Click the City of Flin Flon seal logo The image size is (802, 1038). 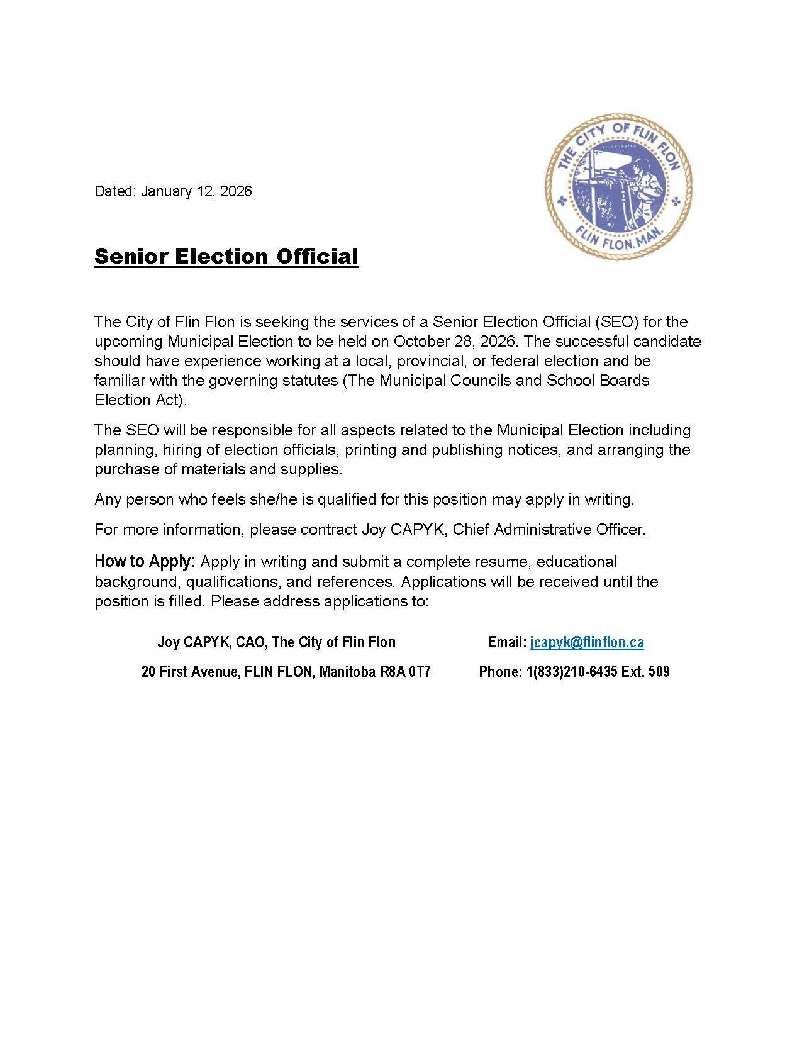(618, 187)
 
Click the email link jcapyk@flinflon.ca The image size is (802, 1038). (587, 642)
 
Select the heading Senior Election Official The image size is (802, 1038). (226, 257)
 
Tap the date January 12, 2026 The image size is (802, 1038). (196, 191)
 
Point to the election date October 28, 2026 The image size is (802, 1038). (454, 342)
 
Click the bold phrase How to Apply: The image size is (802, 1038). (145, 561)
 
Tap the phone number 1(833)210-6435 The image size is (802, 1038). (572, 672)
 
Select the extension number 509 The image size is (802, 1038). (659, 672)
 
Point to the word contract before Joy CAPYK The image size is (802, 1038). (329, 530)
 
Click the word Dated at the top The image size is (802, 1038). (114, 191)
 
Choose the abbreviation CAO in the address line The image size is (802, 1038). (250, 642)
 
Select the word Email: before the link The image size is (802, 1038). (507, 642)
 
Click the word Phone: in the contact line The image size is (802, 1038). (500, 672)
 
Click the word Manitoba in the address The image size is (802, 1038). (347, 672)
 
